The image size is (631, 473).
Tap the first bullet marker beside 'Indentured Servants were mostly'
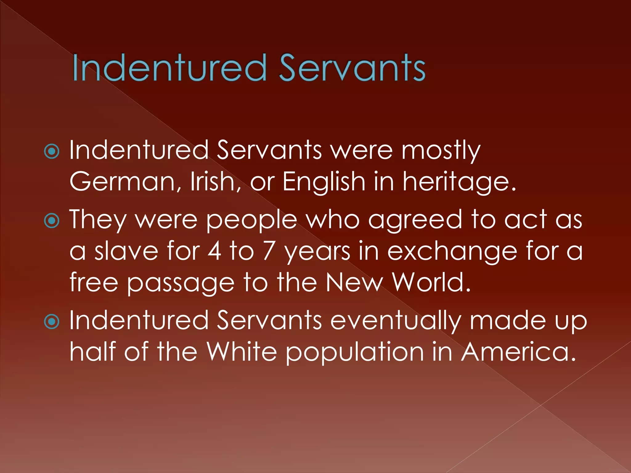tap(52, 152)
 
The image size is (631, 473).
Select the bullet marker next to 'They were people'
tap(52, 221)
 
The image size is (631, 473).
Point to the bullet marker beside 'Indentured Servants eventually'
tap(52, 321)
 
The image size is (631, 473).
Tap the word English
tap(324, 182)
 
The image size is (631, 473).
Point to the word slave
tap(126, 251)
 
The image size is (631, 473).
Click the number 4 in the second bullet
tap(214, 251)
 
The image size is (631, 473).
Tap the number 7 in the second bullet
tap(268, 251)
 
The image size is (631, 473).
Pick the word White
tap(242, 352)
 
